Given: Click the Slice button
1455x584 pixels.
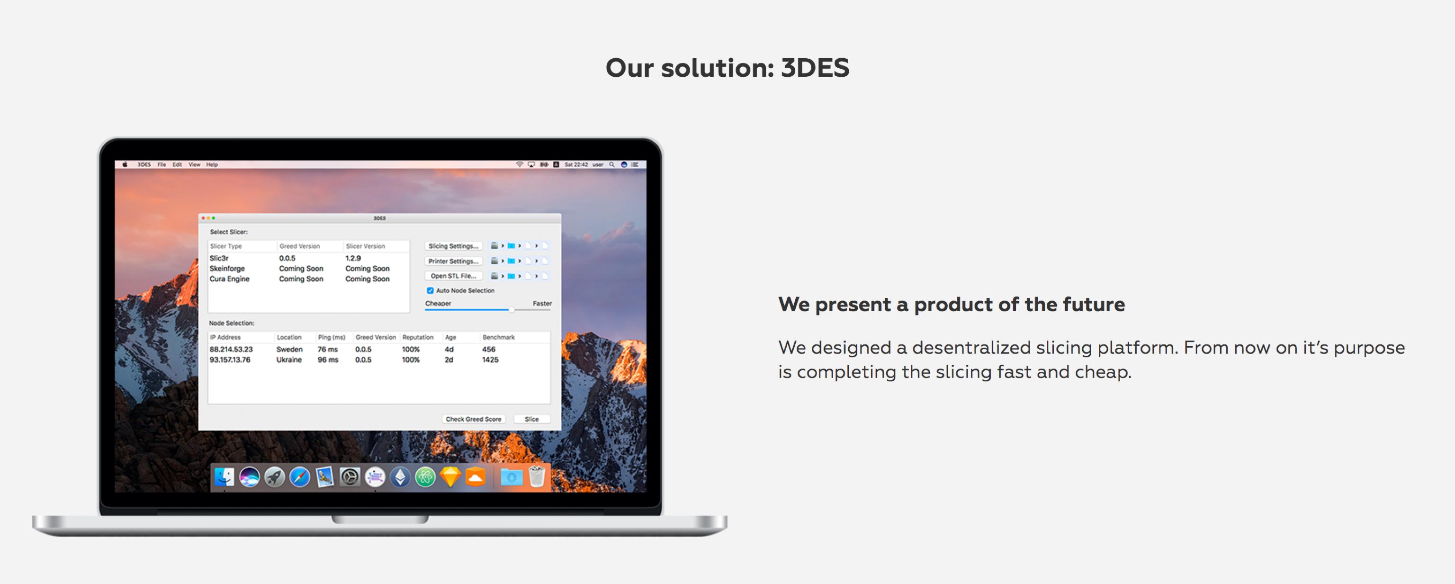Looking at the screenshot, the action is tap(531, 419).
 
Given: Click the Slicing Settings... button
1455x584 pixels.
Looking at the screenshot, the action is tap(453, 246).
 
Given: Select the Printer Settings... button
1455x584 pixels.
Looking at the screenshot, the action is tap(453, 261).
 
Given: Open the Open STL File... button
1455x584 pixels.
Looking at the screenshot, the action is tap(453, 276).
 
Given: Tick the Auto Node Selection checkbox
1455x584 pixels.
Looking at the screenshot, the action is tap(430, 290).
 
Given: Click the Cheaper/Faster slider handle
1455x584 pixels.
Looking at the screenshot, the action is tap(511, 309).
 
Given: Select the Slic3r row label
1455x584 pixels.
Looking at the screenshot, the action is tap(219, 258).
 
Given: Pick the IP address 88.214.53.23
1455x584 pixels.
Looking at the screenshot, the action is tap(231, 350).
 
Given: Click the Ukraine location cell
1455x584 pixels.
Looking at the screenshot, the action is tap(288, 360).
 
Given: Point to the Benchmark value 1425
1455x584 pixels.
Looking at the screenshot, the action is tap(490, 360).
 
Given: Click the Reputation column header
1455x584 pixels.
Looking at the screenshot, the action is tap(417, 337).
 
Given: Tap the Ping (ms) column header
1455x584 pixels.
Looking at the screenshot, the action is tap(332, 337).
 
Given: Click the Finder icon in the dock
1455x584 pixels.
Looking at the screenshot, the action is tap(224, 477).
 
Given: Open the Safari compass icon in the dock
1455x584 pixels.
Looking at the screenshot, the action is tap(299, 477).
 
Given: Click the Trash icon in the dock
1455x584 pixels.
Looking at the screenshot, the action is tap(537, 476).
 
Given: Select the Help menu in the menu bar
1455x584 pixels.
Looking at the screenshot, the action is tap(212, 165).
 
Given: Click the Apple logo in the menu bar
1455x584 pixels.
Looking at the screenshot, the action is tap(125, 165).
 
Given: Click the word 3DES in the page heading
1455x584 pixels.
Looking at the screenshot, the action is tap(815, 68).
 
